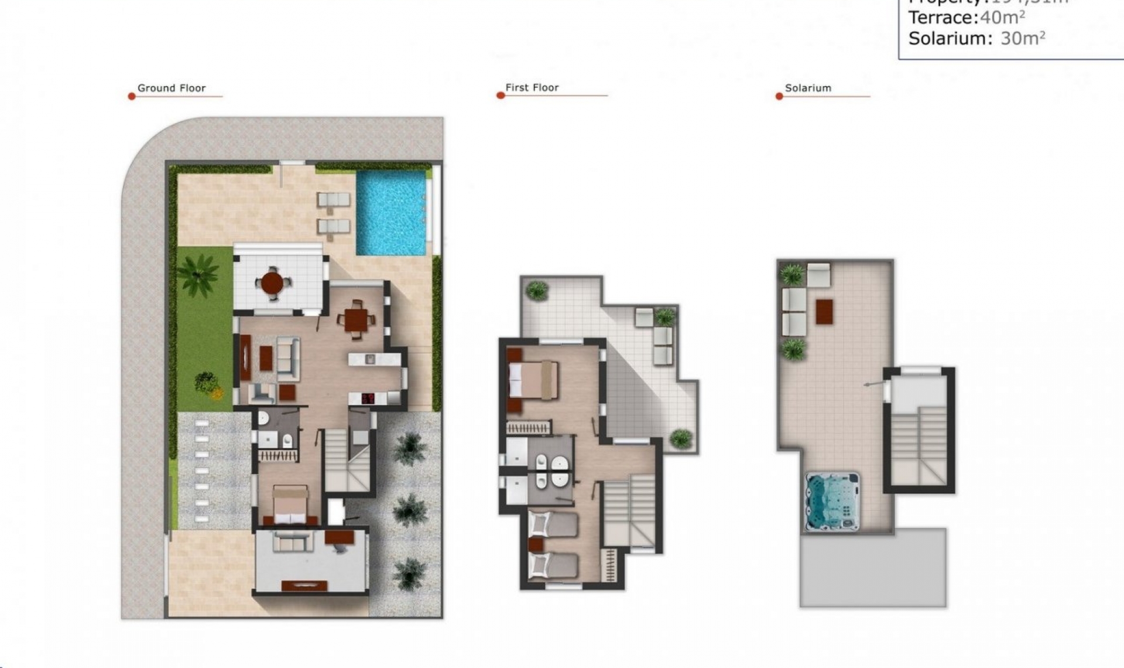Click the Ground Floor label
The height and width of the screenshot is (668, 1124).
coord(172,88)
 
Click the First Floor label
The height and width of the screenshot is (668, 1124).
coord(532,87)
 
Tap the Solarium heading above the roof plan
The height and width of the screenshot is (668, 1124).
coord(807,88)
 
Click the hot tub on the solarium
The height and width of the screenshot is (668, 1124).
coord(832,501)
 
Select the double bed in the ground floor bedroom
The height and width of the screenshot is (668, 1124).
coord(290,505)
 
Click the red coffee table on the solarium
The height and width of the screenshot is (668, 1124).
coord(824,311)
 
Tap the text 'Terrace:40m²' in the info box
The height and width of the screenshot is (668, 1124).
coord(967,18)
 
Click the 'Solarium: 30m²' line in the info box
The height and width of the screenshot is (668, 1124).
coord(976,39)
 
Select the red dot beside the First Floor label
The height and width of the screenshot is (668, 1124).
coord(501,96)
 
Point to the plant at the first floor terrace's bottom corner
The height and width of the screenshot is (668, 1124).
coord(680,438)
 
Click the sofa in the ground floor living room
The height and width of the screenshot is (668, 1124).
coord(287,356)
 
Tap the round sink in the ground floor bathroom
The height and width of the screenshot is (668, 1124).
coord(263,417)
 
